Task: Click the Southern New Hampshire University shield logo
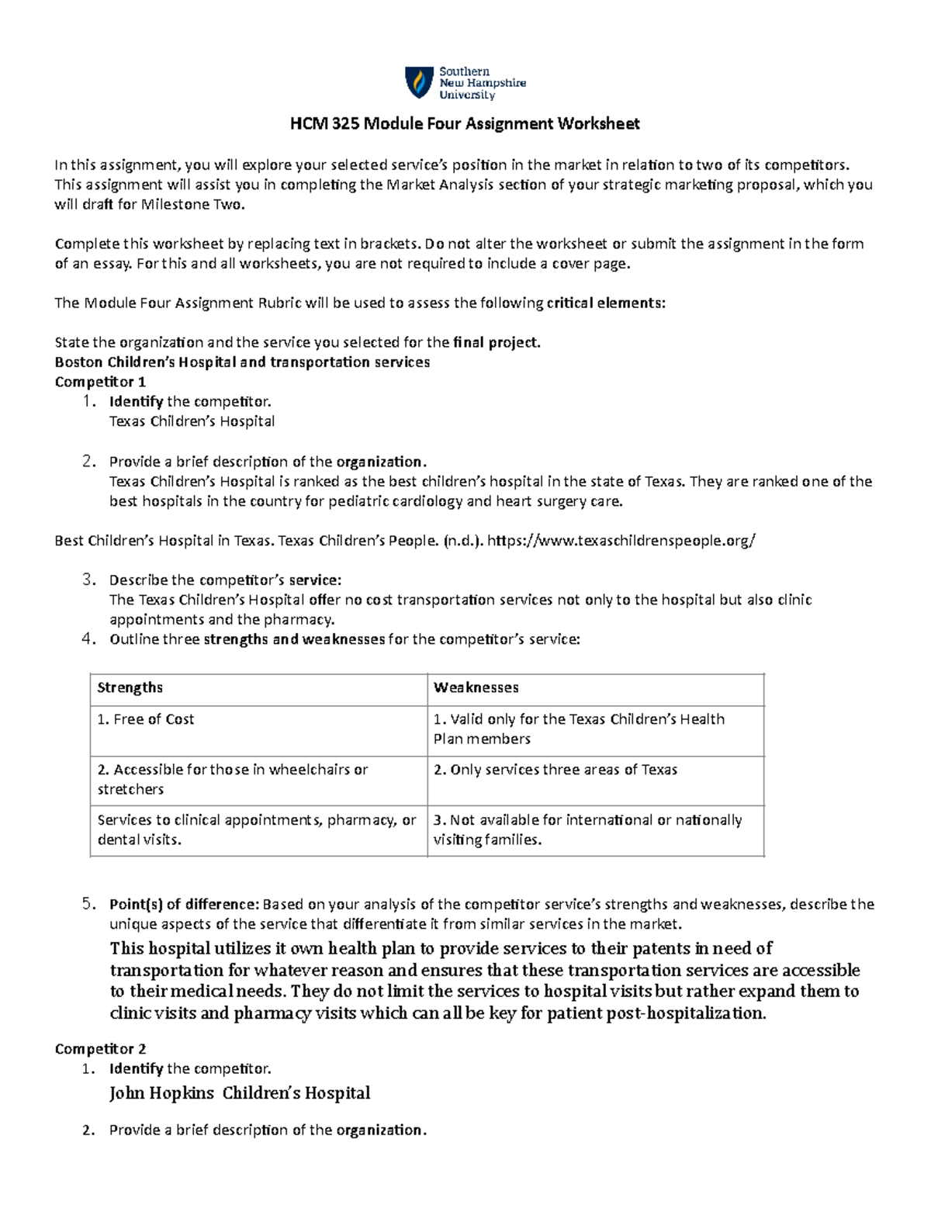419,82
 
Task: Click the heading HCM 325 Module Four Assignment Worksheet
465,123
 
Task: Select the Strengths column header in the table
130,687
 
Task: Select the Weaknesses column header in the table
476,687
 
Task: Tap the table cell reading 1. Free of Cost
145,719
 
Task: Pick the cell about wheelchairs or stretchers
232,779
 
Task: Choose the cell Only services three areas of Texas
555,770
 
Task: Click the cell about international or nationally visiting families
587,829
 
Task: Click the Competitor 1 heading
100,382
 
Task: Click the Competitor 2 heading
100,1049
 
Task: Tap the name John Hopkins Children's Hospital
240,1093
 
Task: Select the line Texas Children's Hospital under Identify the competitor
192,421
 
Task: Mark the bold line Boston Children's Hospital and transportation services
242,362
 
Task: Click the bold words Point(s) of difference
184,904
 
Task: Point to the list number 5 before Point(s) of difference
88,903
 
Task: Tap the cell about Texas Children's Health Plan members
579,729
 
